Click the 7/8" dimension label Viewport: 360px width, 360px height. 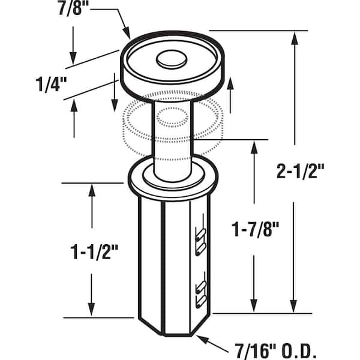(x=71, y=9)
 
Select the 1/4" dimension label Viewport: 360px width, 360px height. (x=51, y=85)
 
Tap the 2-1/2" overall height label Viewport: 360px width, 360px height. (x=301, y=171)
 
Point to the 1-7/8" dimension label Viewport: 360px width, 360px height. (x=255, y=229)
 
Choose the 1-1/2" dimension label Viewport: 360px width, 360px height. (x=94, y=252)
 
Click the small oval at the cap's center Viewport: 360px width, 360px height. (x=172, y=59)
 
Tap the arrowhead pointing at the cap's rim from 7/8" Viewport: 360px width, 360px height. (x=127, y=34)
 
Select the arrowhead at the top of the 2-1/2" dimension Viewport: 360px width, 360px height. (x=295, y=38)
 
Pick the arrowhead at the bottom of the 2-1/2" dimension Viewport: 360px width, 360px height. (x=293, y=306)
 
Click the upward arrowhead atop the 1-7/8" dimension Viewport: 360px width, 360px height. (x=254, y=147)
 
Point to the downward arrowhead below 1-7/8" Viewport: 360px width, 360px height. (x=254, y=305)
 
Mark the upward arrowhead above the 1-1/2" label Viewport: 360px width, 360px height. (x=92, y=190)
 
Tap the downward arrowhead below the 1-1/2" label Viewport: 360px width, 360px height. (x=91, y=310)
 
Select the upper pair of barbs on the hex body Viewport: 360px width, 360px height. (x=200, y=242)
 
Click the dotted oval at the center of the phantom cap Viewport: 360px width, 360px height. (x=172, y=117)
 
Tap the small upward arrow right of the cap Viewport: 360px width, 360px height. (x=230, y=95)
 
